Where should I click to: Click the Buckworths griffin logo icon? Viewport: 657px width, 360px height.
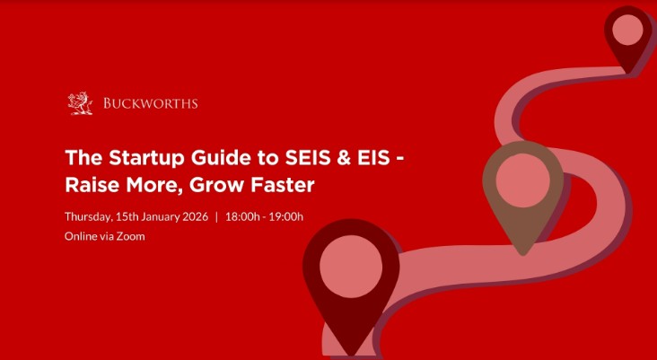81,104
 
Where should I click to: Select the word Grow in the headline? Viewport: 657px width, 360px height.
212,186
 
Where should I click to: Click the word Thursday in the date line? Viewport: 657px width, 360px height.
88,216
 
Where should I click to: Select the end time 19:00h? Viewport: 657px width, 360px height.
285,216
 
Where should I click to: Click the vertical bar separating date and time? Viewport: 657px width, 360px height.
216,216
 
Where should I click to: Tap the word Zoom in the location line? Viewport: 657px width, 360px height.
132,236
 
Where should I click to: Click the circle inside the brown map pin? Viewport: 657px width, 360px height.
523,182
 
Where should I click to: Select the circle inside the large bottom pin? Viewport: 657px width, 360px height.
351,269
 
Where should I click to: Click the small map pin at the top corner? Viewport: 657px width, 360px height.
627,34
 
